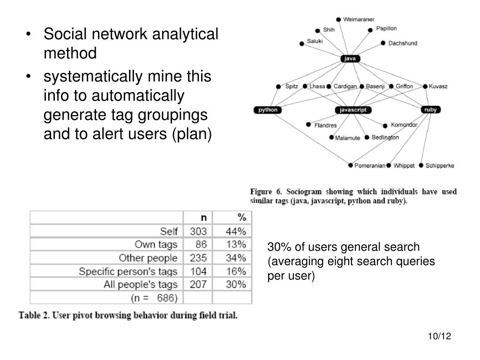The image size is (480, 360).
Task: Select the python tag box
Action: click(268, 110)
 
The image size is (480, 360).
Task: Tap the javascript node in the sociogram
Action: click(353, 110)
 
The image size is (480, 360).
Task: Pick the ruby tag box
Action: click(430, 110)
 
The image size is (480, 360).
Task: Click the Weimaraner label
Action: click(359, 19)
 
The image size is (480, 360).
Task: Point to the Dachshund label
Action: click(402, 43)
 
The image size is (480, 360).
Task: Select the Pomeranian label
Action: click(370, 165)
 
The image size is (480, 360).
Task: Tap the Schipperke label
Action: click(439, 165)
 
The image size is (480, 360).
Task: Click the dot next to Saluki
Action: click(302, 44)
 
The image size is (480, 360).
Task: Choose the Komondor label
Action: click(404, 125)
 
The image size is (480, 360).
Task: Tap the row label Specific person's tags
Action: click(128, 271)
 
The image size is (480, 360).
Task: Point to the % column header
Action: click(241, 217)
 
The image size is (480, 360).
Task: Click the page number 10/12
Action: click(439, 337)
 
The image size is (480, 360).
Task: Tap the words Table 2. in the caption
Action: click(34, 315)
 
